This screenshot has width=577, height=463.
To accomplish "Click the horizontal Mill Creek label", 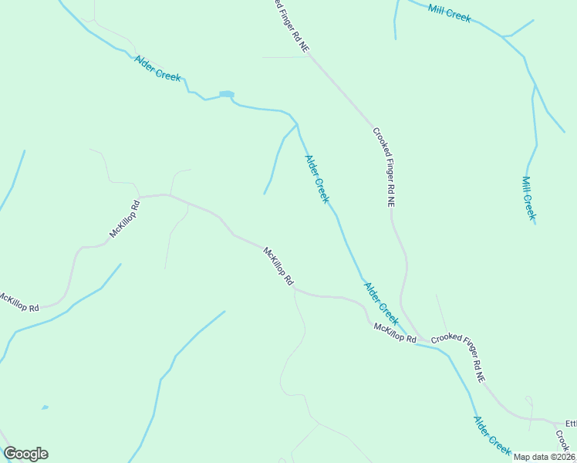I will tap(449, 12).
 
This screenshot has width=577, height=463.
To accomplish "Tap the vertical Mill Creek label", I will tap(528, 198).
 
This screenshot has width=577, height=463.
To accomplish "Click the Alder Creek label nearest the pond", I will tap(157, 68).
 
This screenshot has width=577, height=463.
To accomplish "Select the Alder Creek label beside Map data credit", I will tap(492, 435).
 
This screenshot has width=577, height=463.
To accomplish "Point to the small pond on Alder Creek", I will tap(226, 95).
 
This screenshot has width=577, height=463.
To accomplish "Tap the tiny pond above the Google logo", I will tap(45, 407).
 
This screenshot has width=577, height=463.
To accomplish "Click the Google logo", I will tap(25, 454).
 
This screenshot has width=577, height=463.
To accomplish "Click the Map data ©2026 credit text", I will tap(545, 457).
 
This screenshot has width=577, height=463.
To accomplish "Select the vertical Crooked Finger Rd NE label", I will tap(384, 167).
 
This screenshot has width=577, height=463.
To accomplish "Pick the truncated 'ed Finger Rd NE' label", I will tap(291, 25).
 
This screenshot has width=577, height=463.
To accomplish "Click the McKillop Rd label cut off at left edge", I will tap(19, 302).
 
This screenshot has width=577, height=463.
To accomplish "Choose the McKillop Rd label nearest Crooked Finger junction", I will tap(394, 333).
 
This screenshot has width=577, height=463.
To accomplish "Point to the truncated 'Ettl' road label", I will tap(571, 424).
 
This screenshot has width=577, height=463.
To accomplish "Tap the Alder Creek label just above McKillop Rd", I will tap(381, 303).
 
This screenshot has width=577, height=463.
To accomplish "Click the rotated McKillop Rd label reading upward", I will tap(123, 218).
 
